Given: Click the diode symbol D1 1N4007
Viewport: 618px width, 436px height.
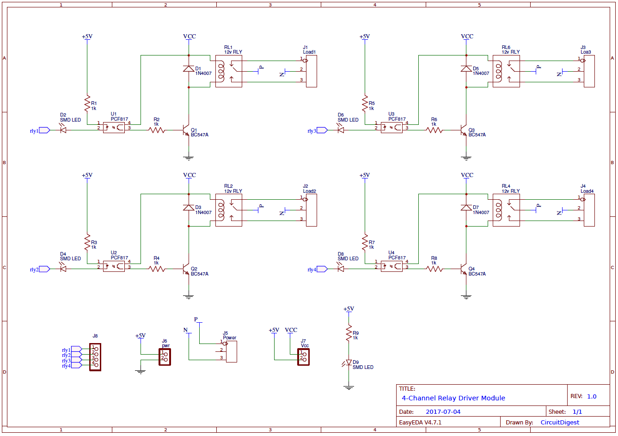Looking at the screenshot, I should (189, 69).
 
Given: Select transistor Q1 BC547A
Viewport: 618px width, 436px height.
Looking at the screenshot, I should (186, 130).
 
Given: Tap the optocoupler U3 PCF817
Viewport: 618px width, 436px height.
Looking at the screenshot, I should (392, 128).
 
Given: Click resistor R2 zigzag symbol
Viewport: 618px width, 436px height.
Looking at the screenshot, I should (157, 130).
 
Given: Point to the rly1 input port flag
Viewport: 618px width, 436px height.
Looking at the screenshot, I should (44, 130).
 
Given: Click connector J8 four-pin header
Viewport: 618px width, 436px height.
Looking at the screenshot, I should (95, 357).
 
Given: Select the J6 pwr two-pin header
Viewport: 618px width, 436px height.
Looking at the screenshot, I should (165, 357).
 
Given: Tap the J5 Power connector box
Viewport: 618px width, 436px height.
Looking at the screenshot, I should (231, 352).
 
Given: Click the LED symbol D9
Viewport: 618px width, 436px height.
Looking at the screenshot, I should (349, 363).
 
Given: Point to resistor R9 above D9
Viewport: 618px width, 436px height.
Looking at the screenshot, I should (349, 333).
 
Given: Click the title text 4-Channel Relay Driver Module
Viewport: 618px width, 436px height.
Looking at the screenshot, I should (453, 398).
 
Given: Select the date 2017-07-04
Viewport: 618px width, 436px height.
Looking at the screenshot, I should (443, 412).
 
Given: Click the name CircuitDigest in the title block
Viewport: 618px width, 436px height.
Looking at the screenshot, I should (560, 423).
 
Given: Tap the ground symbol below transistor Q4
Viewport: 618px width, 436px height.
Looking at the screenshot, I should (466, 296).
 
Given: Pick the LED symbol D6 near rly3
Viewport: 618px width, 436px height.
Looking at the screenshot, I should (341, 130).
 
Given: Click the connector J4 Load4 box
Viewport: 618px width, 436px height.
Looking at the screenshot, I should (589, 210).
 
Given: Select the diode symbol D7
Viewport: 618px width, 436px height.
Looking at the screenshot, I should (466, 208).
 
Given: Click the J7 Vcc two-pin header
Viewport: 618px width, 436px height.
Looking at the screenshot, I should (303, 357).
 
